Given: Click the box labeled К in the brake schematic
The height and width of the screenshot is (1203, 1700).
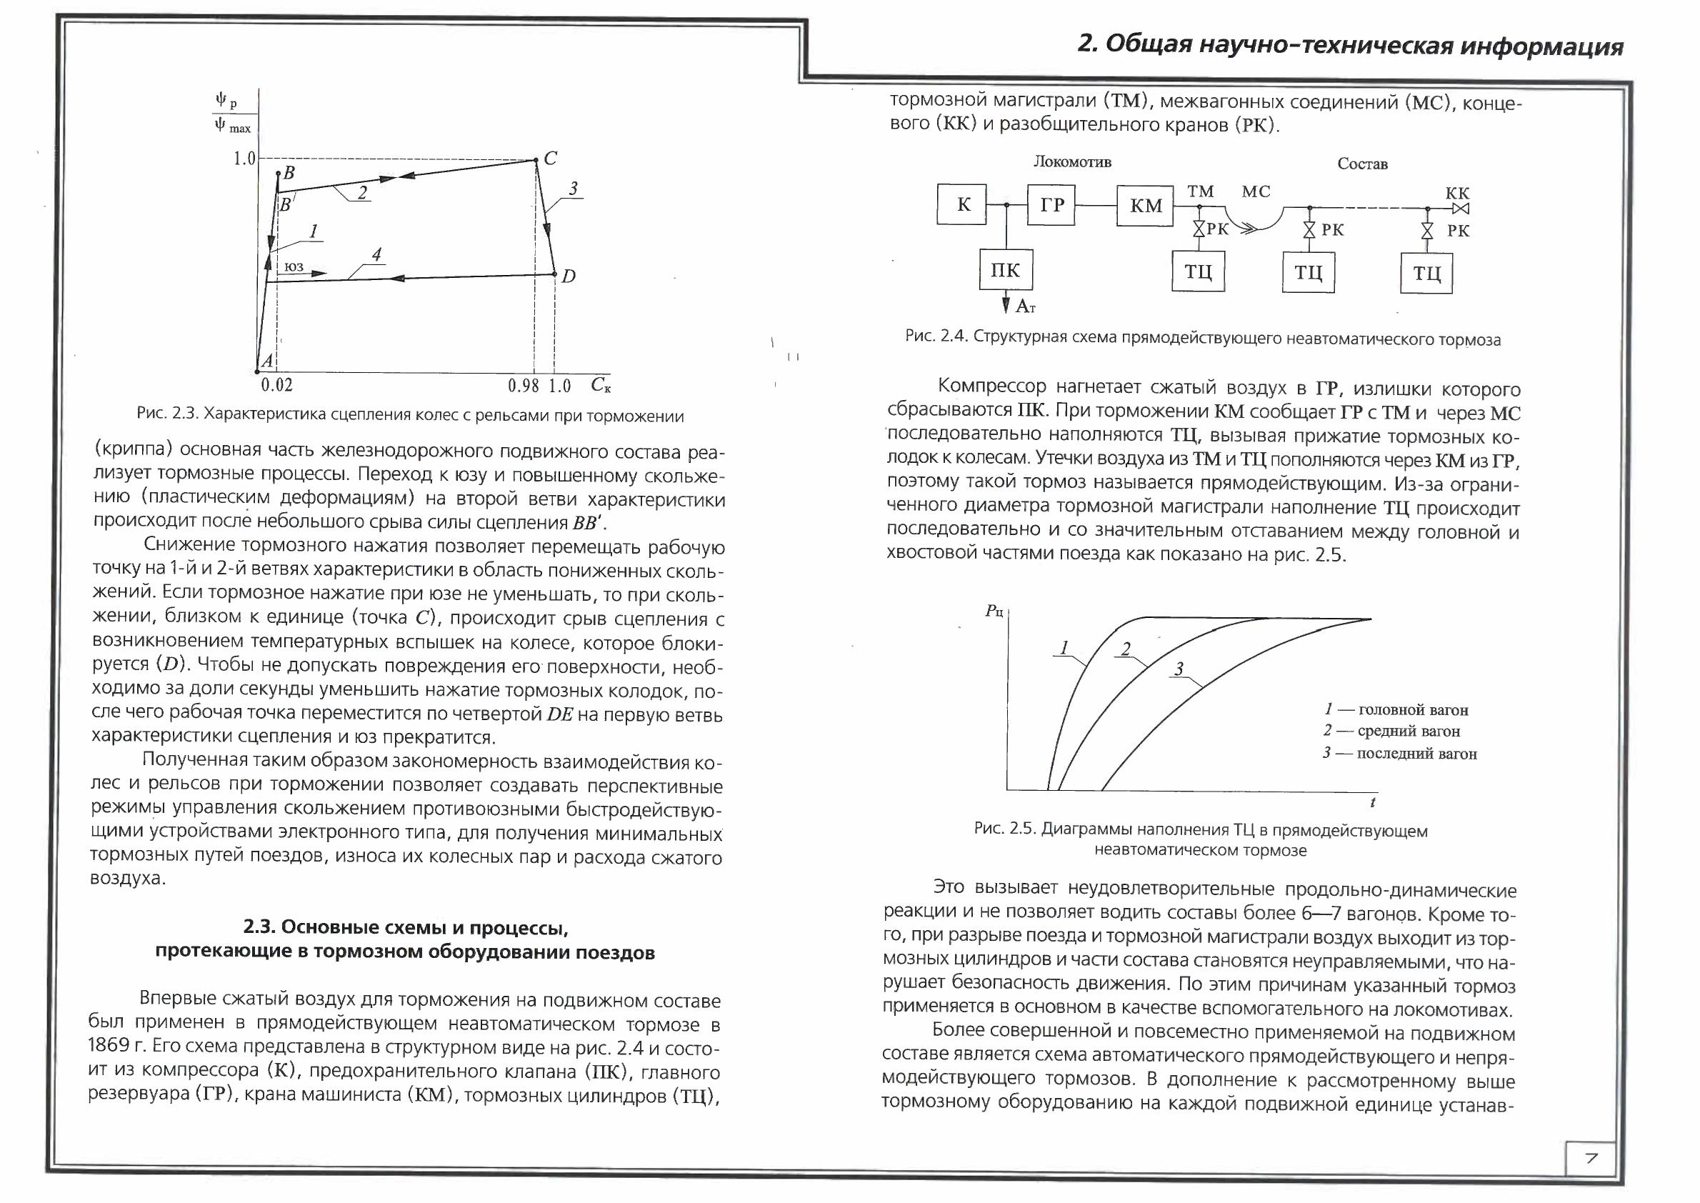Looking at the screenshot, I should point(962,204).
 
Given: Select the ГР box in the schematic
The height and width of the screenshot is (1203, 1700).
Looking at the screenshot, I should point(1051,204).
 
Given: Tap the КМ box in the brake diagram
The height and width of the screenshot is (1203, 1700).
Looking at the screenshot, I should point(1145,206).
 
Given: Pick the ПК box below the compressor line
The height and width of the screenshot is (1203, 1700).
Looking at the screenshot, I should point(1005,269).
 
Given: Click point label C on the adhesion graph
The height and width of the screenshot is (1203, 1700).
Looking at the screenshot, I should point(551,158).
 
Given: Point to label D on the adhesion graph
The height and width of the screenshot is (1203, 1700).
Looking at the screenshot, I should point(568,276).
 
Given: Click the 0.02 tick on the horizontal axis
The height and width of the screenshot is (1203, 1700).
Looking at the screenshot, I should point(277,385).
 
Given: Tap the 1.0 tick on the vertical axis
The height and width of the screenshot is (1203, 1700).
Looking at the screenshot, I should point(244,159).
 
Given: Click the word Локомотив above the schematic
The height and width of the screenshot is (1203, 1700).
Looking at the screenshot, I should point(1072,162).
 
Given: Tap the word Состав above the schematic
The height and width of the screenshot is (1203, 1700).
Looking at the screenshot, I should point(1362,164).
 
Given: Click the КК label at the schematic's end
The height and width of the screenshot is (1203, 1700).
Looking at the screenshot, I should point(1457,193).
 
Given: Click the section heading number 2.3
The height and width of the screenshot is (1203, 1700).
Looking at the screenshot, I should point(259,927).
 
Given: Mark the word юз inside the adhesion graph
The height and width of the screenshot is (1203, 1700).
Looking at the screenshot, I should point(294,266).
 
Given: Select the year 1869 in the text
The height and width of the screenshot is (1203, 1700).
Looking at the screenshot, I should point(111,1046).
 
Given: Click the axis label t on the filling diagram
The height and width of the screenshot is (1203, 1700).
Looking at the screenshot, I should point(1373,802).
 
